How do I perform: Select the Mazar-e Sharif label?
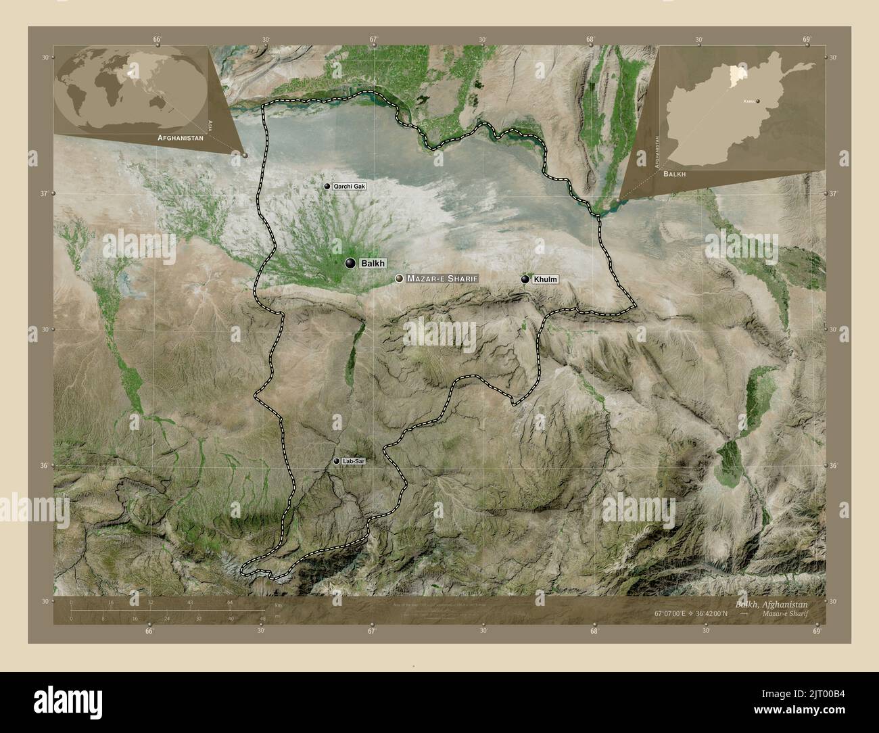[x=443, y=279]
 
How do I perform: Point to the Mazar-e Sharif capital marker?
[x=400, y=279]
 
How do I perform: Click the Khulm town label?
[x=541, y=279]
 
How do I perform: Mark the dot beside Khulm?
[x=525, y=279]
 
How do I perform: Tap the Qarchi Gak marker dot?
[x=327, y=186]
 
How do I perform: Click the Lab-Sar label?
[x=354, y=461]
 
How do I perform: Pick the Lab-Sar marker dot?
[x=337, y=461]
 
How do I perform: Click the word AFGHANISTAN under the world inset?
[x=181, y=137]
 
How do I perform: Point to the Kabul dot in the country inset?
[x=758, y=101]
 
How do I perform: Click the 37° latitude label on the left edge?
[x=45, y=194]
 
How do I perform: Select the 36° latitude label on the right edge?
[x=834, y=466]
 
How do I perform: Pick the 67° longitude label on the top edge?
[x=373, y=39]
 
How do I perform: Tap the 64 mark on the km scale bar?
[x=230, y=601]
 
